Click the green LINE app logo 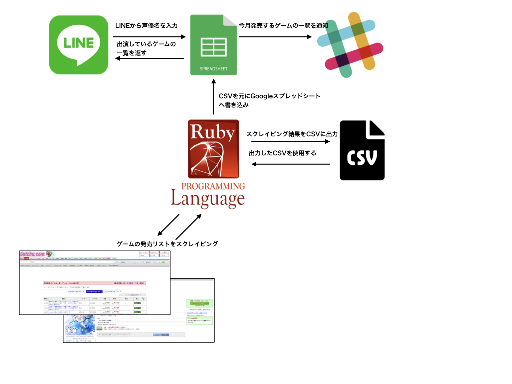pyautogui.click(x=79, y=45)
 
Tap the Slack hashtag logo pyautogui.click(x=349, y=45)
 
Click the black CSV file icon pyautogui.click(x=362, y=150)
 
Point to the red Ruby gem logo pyautogui.click(x=213, y=149)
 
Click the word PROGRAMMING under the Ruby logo pyautogui.click(x=213, y=186)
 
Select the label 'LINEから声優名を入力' pyautogui.click(x=146, y=25)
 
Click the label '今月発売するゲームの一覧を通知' pyautogui.click(x=283, y=25)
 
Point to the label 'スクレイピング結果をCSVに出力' pyautogui.click(x=292, y=134)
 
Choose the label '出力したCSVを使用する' pyautogui.click(x=282, y=153)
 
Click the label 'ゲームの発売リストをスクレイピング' pyautogui.click(x=167, y=244)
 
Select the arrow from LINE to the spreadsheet pyautogui.click(x=149, y=37)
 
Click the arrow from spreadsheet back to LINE pyautogui.click(x=149, y=59)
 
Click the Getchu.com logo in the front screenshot pyautogui.click(x=33, y=254)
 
